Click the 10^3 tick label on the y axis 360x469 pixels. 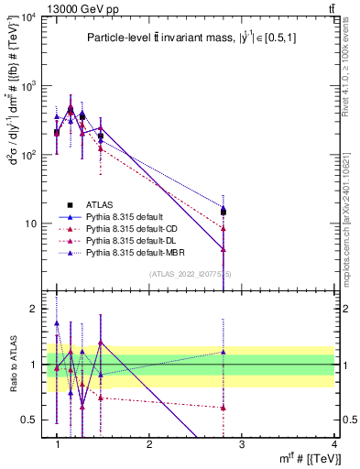click(29, 87)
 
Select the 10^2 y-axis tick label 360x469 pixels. click(29, 156)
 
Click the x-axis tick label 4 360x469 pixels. click(333, 443)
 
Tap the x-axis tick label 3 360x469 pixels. click(241, 443)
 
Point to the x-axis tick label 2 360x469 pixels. click(149, 443)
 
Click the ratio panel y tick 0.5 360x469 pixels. click(32, 420)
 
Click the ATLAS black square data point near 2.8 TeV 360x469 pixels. click(224, 213)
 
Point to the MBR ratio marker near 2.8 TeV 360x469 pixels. click(224, 352)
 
